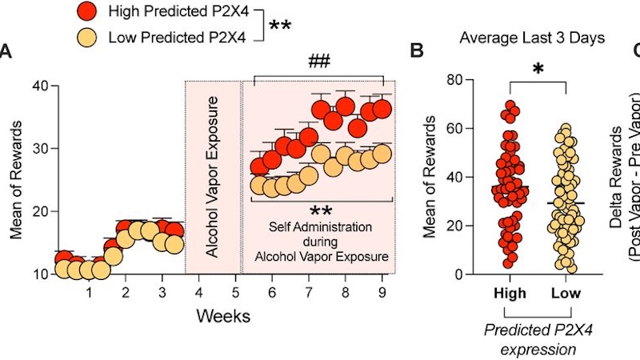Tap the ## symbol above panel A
[x=319, y=61]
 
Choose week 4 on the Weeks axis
[x=198, y=292]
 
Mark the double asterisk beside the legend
[x=279, y=26]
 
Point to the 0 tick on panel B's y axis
[x=458, y=274]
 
